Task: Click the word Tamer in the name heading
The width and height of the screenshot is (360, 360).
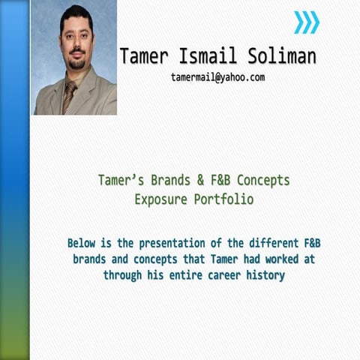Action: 145,56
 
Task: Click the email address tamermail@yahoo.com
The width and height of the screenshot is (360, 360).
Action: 217,76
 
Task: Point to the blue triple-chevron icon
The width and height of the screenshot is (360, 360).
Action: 306,22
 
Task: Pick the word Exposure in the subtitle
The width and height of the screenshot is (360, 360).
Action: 160,199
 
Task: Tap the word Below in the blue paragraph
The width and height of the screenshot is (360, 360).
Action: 83,243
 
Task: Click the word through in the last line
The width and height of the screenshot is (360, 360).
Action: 123,275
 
